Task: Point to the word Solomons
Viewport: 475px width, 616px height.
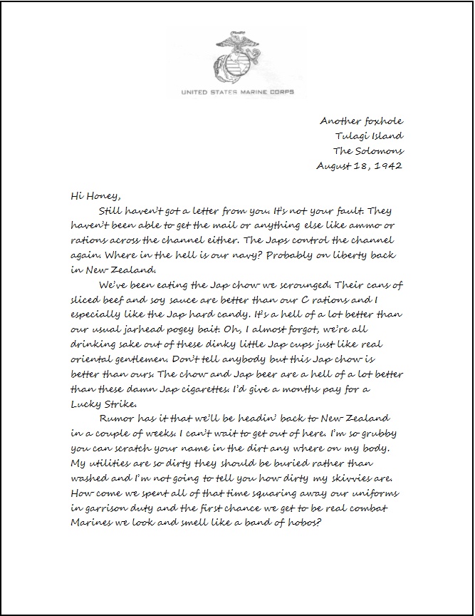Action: point(381,150)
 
